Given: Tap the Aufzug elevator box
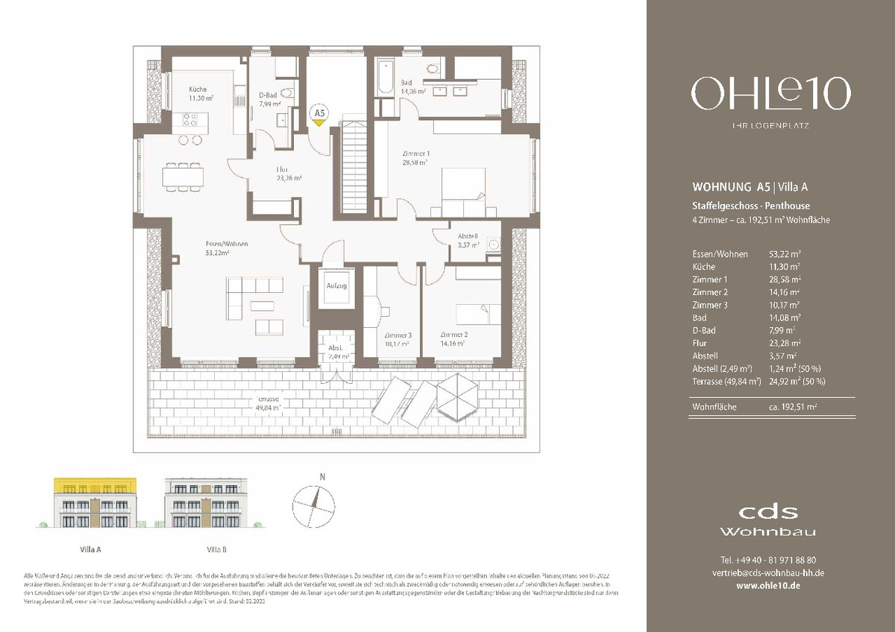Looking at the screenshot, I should coord(332,286).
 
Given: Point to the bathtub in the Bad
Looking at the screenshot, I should coord(385,76).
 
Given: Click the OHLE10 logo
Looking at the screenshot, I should coord(770,95).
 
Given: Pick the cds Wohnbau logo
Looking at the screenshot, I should coord(767,520).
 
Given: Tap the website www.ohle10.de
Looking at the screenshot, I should coord(768,586).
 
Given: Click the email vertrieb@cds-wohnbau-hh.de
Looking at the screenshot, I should coord(768,572).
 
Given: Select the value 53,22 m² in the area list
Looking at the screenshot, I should coord(784,254).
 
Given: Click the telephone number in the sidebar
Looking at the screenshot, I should coord(768,560).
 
